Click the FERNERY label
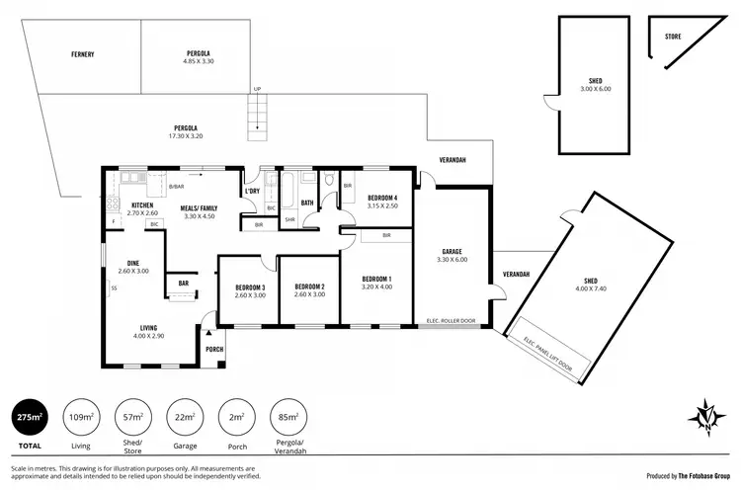(82, 53)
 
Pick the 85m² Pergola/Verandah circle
(288, 418)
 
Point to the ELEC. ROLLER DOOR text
(451, 321)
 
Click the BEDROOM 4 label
(381, 198)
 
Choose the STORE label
(673, 37)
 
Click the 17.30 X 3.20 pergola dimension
(186, 137)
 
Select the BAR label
(183, 283)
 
